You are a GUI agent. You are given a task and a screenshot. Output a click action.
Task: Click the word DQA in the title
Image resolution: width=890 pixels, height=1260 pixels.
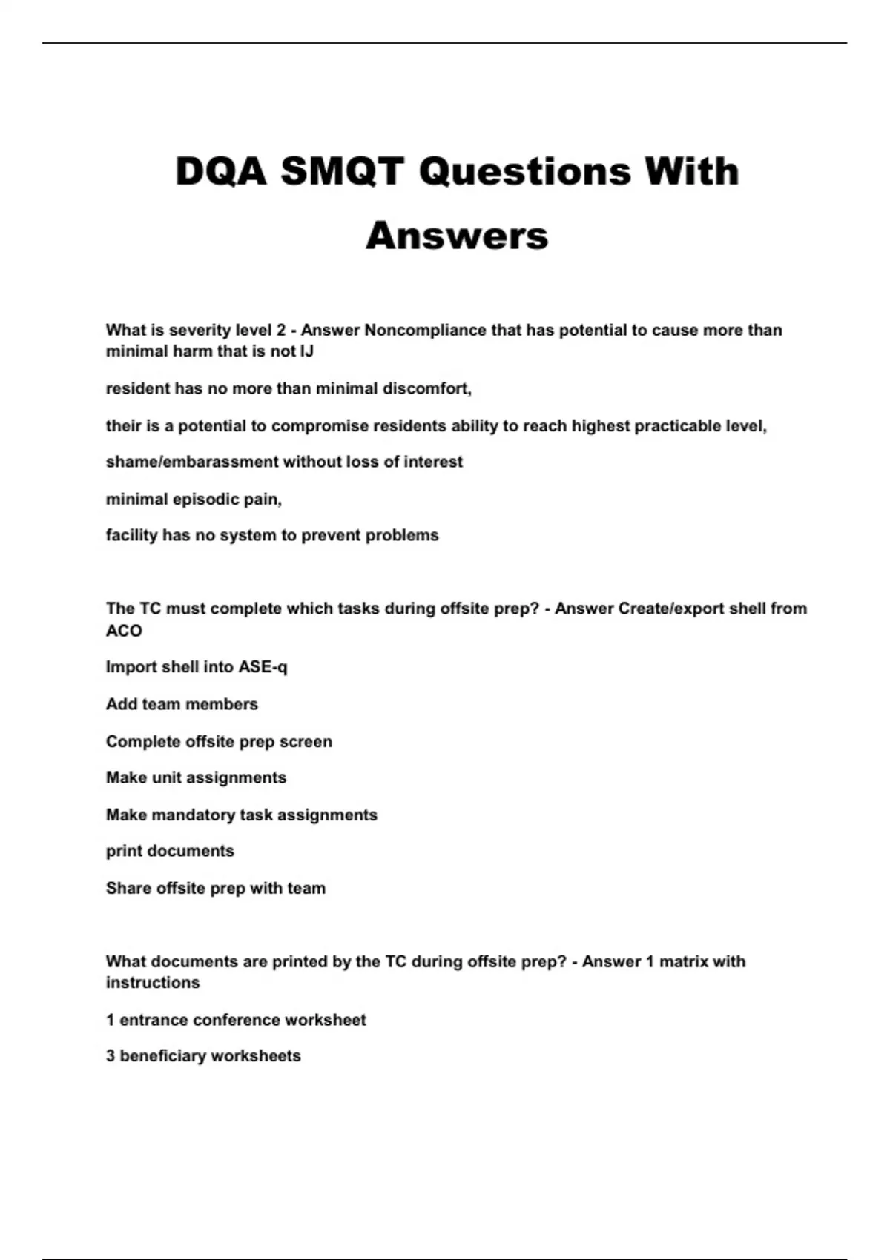[x=220, y=171]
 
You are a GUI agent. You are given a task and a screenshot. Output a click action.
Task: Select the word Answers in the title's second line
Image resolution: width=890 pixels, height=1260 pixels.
[x=457, y=236]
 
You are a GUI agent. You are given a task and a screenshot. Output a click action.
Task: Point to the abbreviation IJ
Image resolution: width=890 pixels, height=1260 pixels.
[x=306, y=351]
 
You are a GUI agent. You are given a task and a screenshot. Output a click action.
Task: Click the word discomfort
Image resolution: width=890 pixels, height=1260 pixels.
[x=426, y=388]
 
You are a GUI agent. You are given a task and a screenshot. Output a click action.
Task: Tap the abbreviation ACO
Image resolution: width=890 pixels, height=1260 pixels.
[x=124, y=631]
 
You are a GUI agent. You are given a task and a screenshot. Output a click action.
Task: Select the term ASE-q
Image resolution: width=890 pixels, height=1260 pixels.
[x=263, y=667]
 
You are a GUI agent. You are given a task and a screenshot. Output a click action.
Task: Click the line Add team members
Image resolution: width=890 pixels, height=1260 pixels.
[x=182, y=704]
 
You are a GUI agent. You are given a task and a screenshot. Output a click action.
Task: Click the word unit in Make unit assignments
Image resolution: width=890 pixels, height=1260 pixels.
[x=166, y=777]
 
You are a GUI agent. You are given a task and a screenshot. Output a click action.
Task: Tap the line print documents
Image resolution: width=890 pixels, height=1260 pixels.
[x=170, y=851]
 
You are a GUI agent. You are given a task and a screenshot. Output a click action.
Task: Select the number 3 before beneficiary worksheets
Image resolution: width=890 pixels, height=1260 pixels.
[x=111, y=1056]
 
